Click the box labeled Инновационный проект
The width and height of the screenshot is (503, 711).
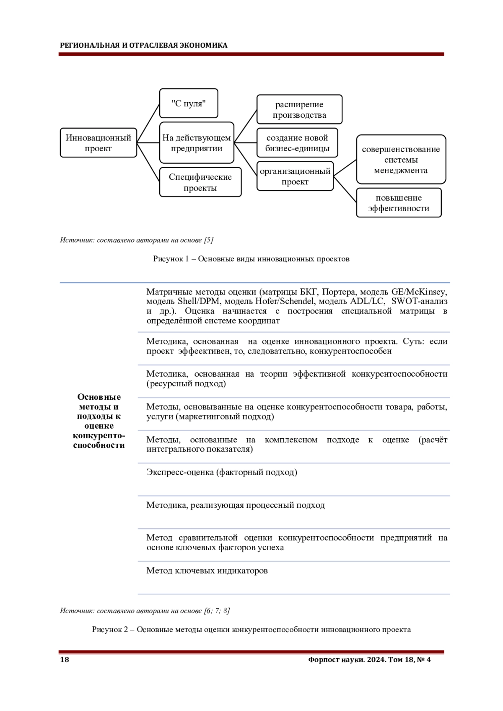pos(99,143)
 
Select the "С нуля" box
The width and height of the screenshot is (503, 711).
pos(189,103)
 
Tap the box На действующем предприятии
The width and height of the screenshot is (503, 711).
pos(197,143)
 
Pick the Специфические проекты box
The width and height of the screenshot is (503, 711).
pos(200,182)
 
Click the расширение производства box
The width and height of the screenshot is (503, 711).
pos(299,109)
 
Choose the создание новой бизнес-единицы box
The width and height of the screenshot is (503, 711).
pos(297,143)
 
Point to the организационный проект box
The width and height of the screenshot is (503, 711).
pos(295,176)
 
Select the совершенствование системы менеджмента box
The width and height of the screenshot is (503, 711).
pos(401,160)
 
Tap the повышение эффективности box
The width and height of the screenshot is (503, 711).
pos(399,203)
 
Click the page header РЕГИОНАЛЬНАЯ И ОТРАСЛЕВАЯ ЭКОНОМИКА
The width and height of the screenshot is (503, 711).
pos(144,45)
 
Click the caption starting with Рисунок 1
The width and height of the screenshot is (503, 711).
pos(251,259)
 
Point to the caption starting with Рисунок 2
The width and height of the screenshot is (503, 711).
pos(251,629)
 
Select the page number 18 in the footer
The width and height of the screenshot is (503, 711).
pos(65,660)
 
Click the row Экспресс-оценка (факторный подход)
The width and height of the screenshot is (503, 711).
pos(222,472)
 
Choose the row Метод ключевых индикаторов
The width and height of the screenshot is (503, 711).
pos(207,570)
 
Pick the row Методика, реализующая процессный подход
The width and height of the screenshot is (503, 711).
pos(236,505)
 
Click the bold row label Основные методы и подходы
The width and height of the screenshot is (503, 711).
pos(99,421)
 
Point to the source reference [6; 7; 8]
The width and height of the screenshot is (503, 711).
pos(217,610)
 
